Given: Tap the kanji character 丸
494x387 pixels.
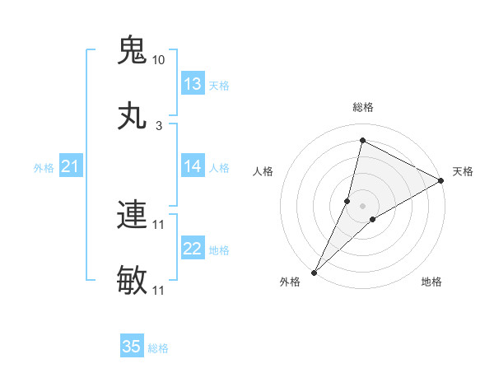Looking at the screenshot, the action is (x=132, y=115).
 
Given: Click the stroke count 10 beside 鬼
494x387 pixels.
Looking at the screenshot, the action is (x=159, y=60).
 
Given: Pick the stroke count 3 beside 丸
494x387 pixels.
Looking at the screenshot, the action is (x=159, y=125).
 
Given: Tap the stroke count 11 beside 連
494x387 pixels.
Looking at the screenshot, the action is (x=159, y=224).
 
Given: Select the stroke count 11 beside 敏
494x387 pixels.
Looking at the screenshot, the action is (x=159, y=290).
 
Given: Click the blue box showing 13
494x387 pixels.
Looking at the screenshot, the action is (x=193, y=84).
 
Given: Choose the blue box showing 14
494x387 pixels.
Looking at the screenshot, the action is (x=193, y=166).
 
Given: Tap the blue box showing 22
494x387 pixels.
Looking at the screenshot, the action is (x=193, y=249).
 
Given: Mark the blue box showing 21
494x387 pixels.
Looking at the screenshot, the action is (x=71, y=167).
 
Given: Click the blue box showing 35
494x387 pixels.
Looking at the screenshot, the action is (x=132, y=347).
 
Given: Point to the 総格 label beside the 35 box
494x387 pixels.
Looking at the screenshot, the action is (x=158, y=348).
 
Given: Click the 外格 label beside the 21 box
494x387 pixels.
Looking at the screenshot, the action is (x=44, y=168).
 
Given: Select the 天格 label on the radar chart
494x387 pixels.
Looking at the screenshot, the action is (x=463, y=171).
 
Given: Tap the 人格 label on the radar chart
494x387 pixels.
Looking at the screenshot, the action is (x=263, y=171).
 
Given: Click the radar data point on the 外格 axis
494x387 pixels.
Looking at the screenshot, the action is (x=315, y=272).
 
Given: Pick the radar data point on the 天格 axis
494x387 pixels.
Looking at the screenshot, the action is (x=441, y=180).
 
